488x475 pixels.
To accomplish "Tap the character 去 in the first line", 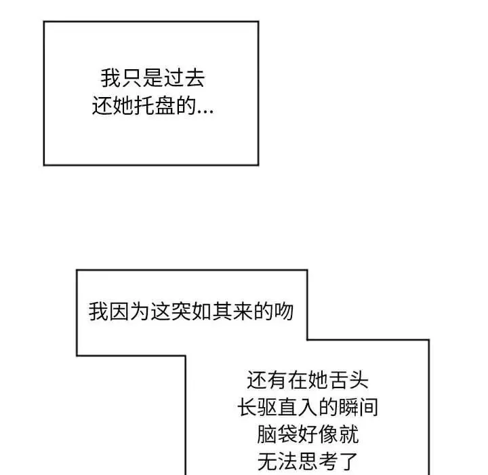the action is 195,78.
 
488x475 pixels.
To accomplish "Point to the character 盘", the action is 165,106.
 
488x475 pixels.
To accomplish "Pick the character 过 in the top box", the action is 174,78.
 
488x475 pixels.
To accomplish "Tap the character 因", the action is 119,311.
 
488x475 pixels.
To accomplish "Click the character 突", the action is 181,311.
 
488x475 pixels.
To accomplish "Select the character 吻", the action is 283,311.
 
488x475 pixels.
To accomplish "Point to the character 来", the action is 243,311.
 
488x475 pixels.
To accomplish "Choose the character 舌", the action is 338,380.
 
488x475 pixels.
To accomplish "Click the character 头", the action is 359,380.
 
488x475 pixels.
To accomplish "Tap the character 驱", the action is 267,407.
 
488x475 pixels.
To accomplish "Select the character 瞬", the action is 348,407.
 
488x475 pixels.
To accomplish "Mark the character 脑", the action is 267,434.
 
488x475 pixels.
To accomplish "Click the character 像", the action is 328,434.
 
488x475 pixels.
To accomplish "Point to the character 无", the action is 268,461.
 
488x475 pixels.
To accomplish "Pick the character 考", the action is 328,461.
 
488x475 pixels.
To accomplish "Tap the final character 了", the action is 348,461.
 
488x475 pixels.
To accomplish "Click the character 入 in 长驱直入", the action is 308,407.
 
